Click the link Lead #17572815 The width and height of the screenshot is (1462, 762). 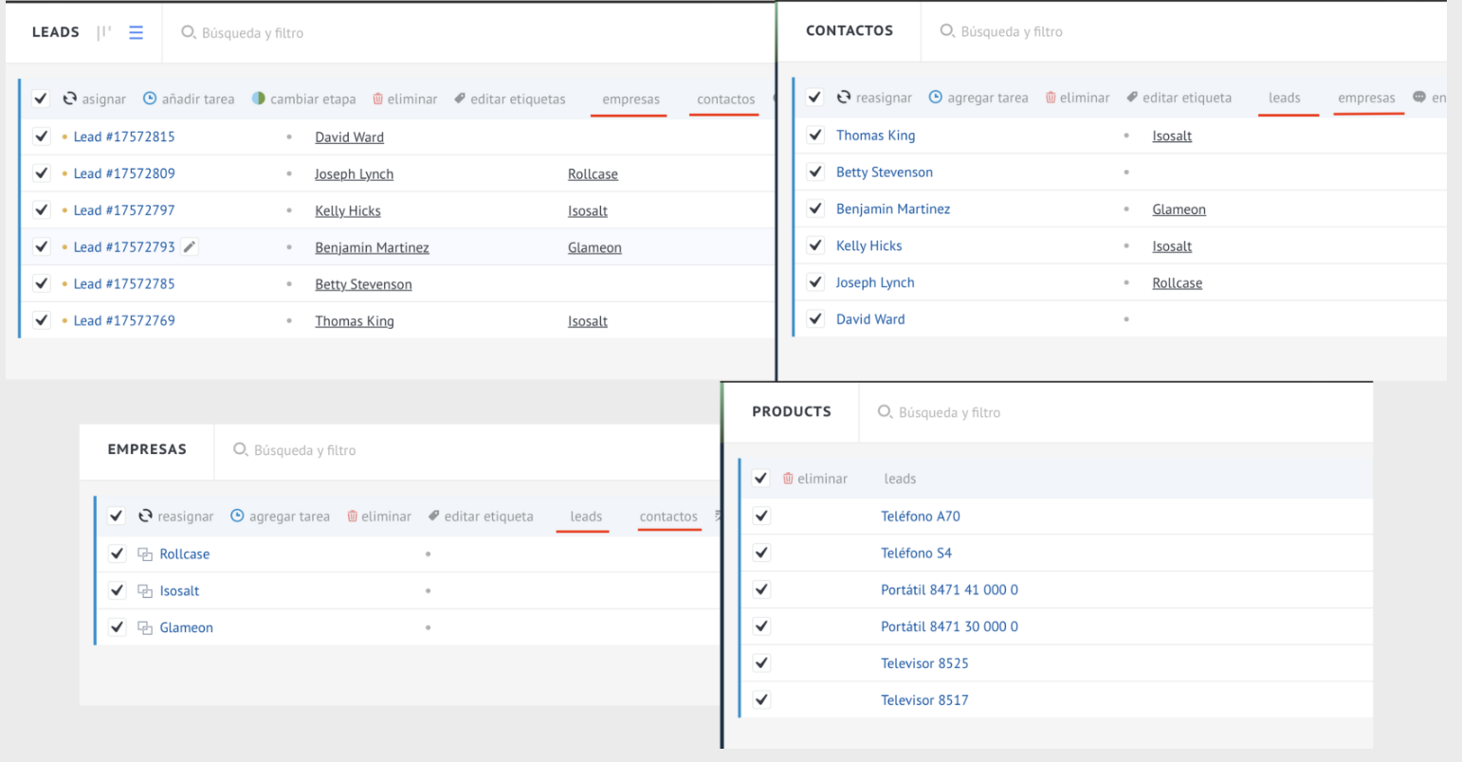[124, 137]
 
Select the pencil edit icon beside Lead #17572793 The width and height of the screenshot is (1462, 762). [190, 246]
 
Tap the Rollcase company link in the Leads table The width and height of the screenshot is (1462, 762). [593, 174]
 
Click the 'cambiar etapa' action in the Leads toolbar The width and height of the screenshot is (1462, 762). [304, 100]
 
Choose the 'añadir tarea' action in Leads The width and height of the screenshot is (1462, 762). [189, 100]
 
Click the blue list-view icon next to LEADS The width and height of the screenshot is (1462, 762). [136, 32]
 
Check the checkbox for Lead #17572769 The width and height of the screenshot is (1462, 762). [42, 320]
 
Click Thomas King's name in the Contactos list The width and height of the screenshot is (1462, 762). [875, 136]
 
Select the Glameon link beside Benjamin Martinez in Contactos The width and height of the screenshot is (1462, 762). [1179, 209]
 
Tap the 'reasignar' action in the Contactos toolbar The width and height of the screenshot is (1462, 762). [874, 98]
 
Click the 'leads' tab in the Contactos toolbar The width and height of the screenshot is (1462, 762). [1285, 98]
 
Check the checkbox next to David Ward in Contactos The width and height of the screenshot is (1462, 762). [815, 319]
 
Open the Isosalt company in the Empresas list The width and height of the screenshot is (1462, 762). [179, 591]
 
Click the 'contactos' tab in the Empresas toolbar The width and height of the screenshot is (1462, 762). [668, 517]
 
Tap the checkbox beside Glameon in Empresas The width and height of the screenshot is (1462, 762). [117, 627]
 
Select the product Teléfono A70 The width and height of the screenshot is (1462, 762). [921, 517]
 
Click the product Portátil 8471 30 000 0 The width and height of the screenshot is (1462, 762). [949, 627]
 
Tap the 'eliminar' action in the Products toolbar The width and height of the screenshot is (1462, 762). [814, 479]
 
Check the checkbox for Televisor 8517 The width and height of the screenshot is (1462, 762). [761, 700]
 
